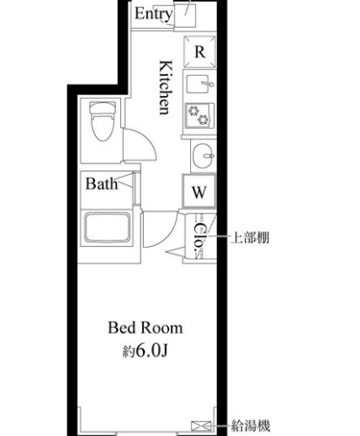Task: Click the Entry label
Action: [153, 14]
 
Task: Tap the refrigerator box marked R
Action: [200, 51]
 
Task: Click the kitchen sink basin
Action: [197, 84]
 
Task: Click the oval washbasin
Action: [203, 155]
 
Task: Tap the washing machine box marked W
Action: [200, 191]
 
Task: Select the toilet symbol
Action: [101, 121]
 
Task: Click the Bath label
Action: [102, 184]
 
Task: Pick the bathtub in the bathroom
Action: [107, 228]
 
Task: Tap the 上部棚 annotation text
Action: [250, 238]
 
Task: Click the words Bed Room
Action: [146, 328]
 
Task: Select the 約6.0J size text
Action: [146, 351]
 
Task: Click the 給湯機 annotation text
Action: [250, 426]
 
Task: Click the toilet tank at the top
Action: [101, 107]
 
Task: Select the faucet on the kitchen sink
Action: [207, 84]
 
